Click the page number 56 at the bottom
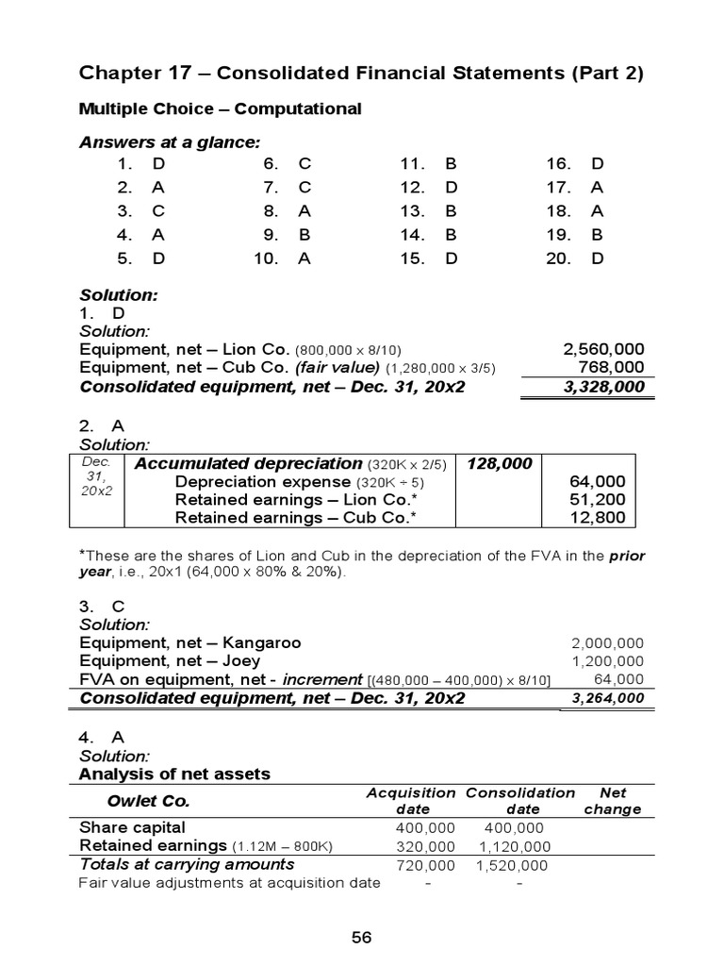[362, 937]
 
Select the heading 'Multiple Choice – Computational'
[220, 109]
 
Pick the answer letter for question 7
[304, 187]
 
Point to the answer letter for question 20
[597, 258]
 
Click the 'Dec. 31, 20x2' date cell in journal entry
[96, 476]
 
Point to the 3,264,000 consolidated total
[608, 698]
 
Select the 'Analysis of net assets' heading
[174, 774]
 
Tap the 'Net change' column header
[612, 801]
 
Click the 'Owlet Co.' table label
[150, 802]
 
